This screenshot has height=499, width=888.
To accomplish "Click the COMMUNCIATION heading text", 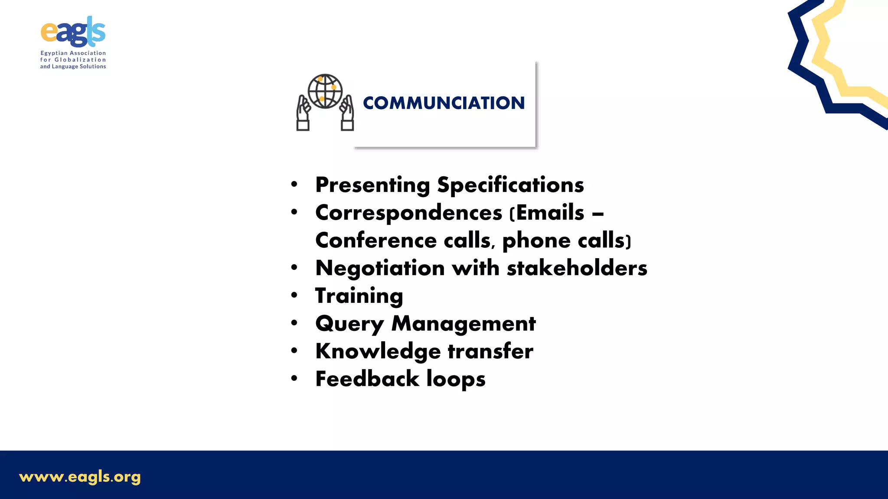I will click(x=444, y=103).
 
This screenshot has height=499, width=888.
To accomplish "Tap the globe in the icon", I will click(x=325, y=91).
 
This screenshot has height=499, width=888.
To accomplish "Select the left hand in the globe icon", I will click(x=303, y=113).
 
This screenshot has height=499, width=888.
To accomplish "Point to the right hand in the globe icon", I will click(x=347, y=113).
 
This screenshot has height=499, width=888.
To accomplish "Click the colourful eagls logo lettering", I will click(x=73, y=32).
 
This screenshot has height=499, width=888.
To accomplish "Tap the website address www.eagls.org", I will click(x=80, y=477).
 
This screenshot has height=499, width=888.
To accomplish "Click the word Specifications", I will click(x=510, y=185).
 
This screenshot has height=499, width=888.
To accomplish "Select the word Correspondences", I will click(x=408, y=213).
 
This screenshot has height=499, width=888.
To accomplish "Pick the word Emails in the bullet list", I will click(x=550, y=213).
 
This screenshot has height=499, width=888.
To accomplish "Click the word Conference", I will click(x=376, y=240).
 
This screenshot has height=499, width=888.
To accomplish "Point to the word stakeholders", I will click(x=577, y=268).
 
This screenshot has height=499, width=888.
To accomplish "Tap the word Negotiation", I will click(x=380, y=268).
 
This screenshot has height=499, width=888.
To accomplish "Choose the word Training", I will click(x=359, y=296).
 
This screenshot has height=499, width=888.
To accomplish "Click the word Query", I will click(x=349, y=324).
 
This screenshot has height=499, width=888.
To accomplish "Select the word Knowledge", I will click(x=378, y=351).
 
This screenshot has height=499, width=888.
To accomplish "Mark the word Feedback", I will click(x=367, y=379).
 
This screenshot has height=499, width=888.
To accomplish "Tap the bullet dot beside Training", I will click(x=294, y=295).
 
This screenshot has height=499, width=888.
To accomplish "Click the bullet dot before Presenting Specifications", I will click(x=294, y=185).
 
